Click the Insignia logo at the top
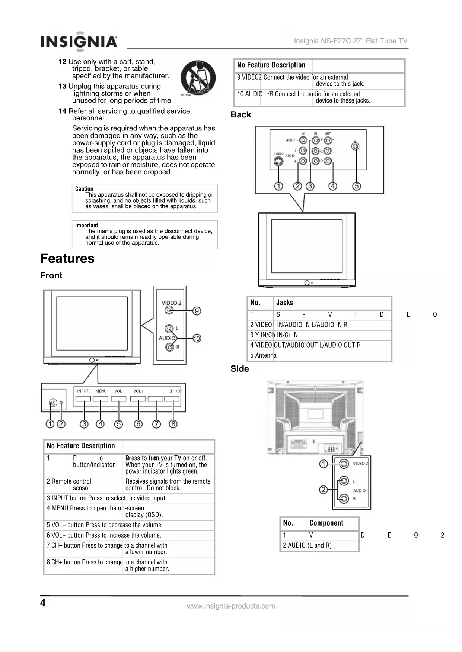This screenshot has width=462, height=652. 79,41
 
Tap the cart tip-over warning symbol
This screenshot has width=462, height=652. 198,78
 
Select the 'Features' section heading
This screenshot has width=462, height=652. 67,258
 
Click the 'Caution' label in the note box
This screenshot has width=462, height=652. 84,189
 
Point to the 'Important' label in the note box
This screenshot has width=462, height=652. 86,225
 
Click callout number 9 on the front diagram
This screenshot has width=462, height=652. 197,311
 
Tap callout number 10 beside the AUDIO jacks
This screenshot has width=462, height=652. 197,338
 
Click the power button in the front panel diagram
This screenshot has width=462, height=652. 53,403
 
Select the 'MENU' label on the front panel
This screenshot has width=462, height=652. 101,391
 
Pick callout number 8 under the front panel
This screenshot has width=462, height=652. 173,424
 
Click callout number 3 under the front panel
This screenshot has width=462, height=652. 85,424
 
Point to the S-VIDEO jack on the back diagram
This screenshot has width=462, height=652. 278,162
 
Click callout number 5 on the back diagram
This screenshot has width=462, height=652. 357,186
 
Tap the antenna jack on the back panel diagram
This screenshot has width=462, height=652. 356,146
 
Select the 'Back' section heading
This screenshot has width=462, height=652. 241,114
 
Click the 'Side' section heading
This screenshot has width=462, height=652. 239,369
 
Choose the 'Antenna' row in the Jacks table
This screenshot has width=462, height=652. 263,355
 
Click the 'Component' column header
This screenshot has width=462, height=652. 326,523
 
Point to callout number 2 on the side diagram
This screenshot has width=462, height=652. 324,490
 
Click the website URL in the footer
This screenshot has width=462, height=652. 231,606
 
